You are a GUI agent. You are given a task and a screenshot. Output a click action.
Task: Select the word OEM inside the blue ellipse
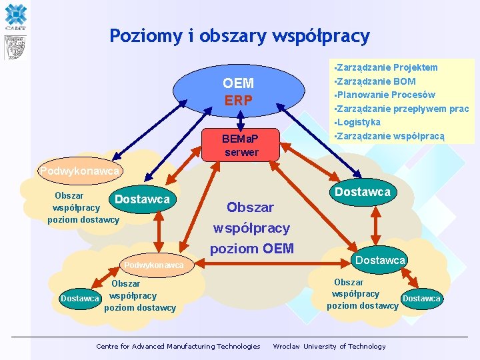click(239, 83)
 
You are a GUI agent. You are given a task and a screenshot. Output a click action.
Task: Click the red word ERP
click(239, 101)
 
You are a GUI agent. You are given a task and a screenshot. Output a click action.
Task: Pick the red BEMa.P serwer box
click(241, 144)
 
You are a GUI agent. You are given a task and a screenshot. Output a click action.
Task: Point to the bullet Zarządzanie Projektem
click(387, 67)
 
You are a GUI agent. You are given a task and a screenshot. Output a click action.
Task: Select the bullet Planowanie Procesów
click(386, 95)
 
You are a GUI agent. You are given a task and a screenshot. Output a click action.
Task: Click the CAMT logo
click(15, 17)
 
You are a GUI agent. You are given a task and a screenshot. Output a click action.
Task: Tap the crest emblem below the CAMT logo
click(15, 47)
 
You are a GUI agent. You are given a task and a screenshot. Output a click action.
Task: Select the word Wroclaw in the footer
click(287, 346)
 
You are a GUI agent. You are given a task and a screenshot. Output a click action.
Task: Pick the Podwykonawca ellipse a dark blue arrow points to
click(81, 171)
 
